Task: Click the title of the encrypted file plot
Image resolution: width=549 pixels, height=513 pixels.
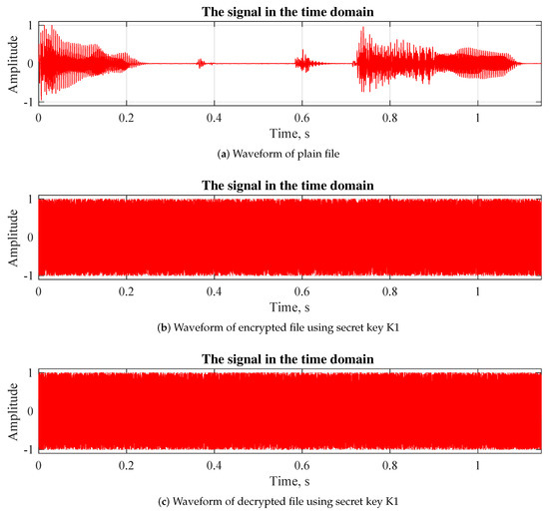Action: pyautogui.click(x=288, y=186)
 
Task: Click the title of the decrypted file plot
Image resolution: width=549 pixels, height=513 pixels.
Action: pyautogui.click(x=288, y=360)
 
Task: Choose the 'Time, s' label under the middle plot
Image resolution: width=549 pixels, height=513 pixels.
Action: pyautogui.click(x=288, y=305)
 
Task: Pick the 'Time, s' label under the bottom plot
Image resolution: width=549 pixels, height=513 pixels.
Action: pyautogui.click(x=288, y=480)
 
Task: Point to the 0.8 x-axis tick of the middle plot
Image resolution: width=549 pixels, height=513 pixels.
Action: pyautogui.click(x=389, y=291)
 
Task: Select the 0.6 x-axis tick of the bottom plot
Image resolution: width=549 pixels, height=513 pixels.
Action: pyautogui.click(x=301, y=466)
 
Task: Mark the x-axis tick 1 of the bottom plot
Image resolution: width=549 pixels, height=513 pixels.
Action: pyautogui.click(x=478, y=466)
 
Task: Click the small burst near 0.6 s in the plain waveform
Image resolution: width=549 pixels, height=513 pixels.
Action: pyautogui.click(x=303, y=63)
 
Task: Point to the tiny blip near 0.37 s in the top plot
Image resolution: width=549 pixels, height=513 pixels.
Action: pyautogui.click(x=201, y=63)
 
